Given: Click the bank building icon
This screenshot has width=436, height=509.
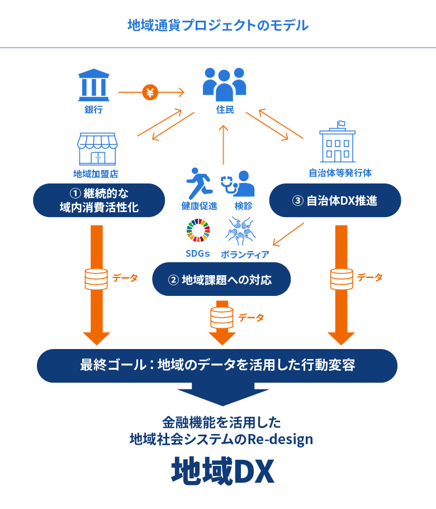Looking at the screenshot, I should pyautogui.click(x=94, y=84).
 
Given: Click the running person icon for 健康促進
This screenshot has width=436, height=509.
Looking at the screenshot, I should pyautogui.click(x=199, y=181).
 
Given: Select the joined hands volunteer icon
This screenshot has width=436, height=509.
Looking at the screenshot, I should pyautogui.click(x=241, y=231).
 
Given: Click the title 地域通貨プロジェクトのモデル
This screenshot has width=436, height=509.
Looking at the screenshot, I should pyautogui.click(x=218, y=25).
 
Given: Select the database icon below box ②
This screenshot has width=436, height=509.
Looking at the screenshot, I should pyautogui.click(x=221, y=317).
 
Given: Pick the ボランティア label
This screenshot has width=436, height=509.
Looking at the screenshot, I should pyautogui.click(x=245, y=254).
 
